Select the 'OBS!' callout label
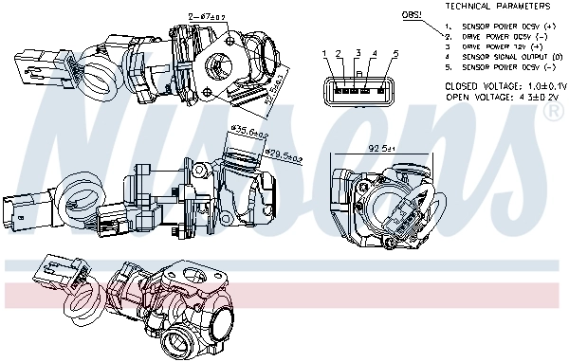412,16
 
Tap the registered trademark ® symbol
551,112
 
